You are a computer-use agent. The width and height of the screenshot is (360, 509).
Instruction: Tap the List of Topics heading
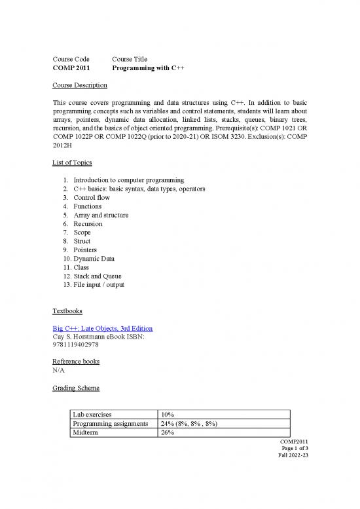(x=72, y=162)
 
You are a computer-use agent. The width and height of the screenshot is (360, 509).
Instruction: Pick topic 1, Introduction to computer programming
(x=128, y=180)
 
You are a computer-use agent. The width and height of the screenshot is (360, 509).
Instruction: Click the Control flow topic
(x=92, y=197)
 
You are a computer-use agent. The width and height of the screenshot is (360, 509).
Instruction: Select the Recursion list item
(x=88, y=223)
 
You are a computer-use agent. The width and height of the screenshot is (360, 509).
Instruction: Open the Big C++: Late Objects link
(x=103, y=328)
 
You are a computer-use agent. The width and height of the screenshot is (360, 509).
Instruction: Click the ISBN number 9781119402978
(x=75, y=345)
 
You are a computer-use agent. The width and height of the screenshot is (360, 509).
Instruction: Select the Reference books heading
(x=76, y=362)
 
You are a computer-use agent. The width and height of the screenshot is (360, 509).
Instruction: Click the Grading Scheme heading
(x=76, y=388)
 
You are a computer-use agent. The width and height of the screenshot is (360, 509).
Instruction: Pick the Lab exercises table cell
(x=92, y=415)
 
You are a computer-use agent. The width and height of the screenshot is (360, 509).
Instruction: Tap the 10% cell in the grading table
(x=168, y=415)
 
